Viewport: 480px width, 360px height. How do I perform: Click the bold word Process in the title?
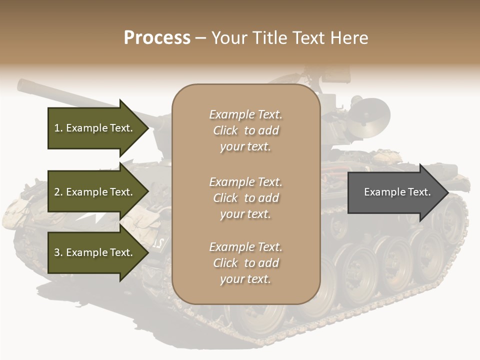coord(157,37)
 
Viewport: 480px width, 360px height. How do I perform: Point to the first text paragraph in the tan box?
coord(245,130)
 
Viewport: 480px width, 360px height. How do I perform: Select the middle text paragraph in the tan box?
coord(245,198)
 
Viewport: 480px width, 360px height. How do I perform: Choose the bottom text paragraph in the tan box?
coord(245,263)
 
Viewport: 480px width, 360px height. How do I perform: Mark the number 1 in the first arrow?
coord(57,128)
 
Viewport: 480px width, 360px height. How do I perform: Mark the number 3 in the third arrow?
coord(57,252)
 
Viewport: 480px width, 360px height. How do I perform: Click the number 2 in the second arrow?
coord(57,192)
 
